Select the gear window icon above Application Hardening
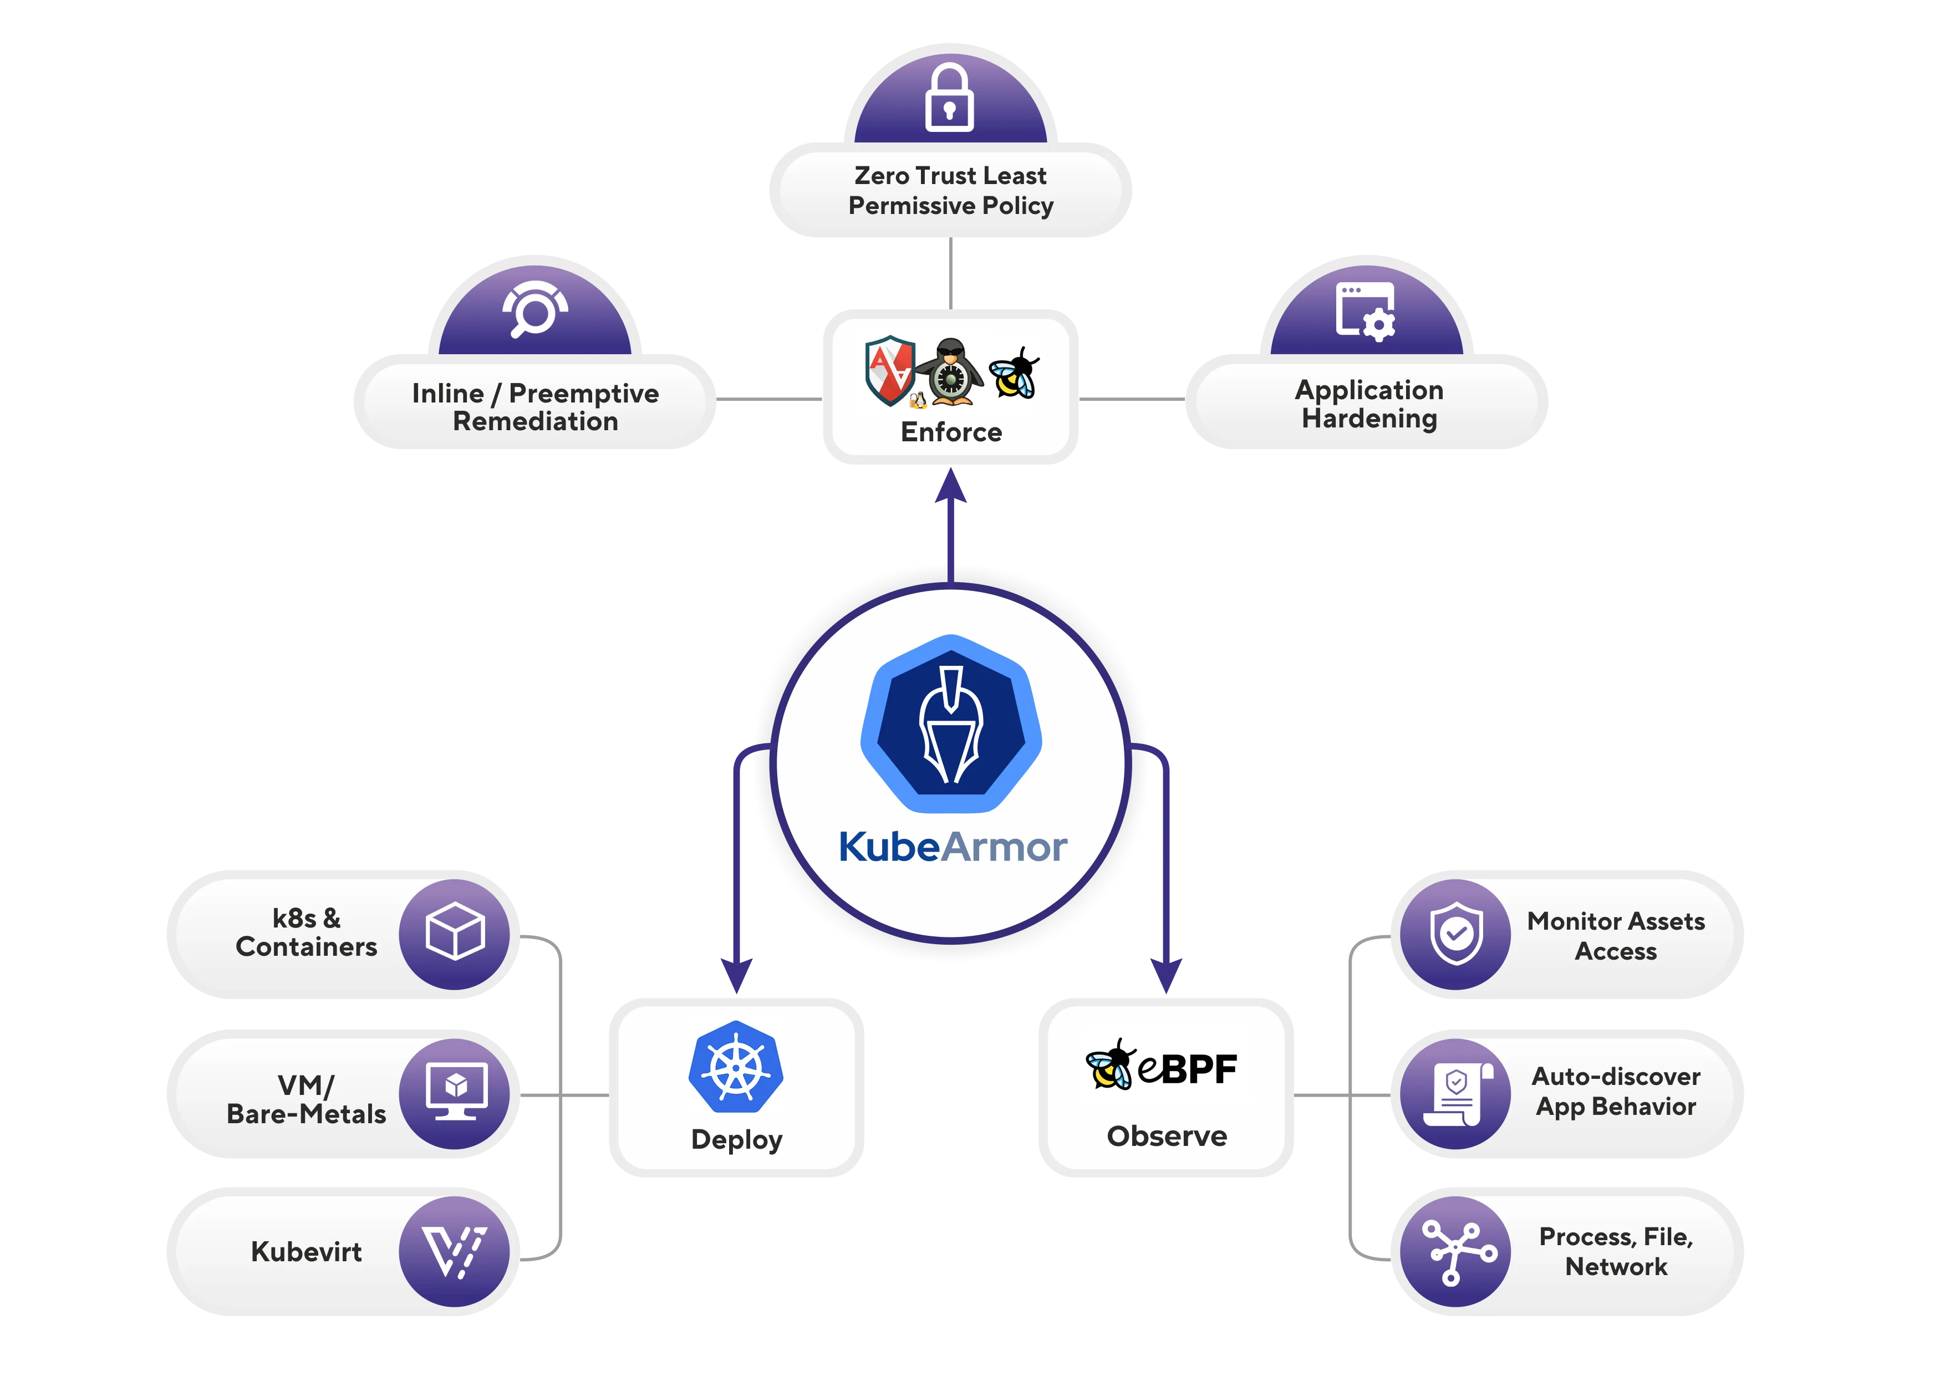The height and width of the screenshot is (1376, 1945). [1366, 311]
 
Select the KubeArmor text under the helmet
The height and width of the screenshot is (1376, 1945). [952, 847]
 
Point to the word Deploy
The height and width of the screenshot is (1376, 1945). [736, 1140]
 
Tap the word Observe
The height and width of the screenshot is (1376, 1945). [1167, 1136]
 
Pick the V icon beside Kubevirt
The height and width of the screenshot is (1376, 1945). [455, 1251]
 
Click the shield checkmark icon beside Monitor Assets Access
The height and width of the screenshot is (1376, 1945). [1455, 934]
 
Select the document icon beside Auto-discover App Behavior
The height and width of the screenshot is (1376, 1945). [1455, 1093]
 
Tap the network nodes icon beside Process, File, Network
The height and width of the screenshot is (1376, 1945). [1455, 1251]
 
